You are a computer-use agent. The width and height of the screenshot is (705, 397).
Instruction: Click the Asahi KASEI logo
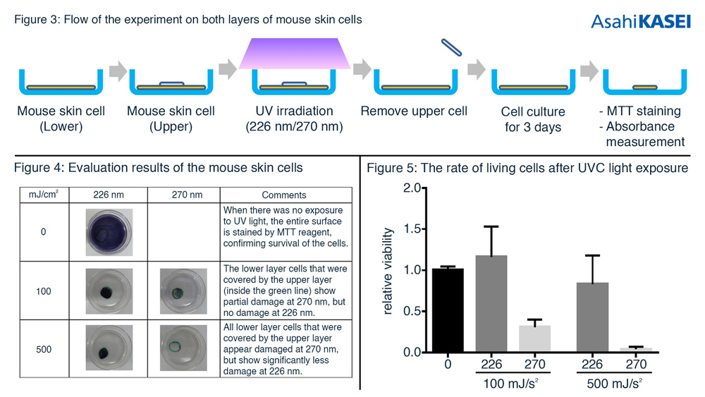pos(640,21)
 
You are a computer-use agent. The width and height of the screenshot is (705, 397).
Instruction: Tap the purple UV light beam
pos(295,54)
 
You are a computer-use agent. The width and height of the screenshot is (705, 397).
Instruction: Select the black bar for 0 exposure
pos(448,310)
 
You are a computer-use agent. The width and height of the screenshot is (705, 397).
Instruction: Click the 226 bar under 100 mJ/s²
pos(491,303)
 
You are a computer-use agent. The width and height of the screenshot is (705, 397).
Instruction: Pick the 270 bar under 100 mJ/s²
pos(534,338)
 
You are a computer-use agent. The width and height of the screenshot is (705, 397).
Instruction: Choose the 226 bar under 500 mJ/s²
pos(593,317)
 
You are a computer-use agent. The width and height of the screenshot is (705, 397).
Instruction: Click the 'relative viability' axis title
pos(387,271)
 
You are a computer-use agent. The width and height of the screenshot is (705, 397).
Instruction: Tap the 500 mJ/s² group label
pos(614,384)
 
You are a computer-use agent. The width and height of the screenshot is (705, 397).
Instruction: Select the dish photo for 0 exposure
pos(109,233)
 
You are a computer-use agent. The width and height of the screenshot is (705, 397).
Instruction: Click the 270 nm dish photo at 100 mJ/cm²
pos(183,291)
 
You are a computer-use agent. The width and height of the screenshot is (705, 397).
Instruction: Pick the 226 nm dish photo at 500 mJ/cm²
pos(109,348)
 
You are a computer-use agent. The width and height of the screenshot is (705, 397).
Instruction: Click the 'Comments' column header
pos(284,195)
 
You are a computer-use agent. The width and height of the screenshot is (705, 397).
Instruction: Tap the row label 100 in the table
pos(44,291)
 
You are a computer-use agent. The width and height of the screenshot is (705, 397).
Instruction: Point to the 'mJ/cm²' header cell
pos(44,194)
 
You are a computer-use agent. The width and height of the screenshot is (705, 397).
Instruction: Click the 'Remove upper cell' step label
pos(414,111)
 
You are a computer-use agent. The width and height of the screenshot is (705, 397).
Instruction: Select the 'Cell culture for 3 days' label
pos(533,119)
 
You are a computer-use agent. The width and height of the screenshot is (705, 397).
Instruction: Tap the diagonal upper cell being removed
pos(451,48)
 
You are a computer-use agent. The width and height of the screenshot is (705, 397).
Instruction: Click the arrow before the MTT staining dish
pos(589,70)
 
